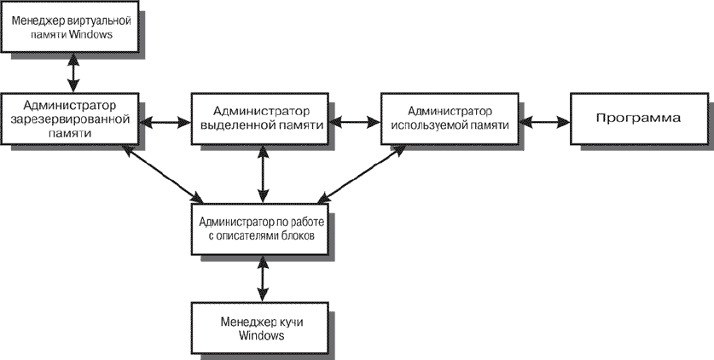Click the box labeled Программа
[639, 119]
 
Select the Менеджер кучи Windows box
[259, 328]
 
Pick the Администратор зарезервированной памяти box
[69, 119]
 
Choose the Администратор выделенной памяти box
[259, 119]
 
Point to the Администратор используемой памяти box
[450, 119]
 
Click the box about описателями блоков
[259, 229]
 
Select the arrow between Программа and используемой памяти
[544, 121]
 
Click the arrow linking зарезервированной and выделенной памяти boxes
[165, 121]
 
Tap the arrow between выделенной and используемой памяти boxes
[355, 121]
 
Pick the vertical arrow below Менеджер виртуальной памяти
[73, 73]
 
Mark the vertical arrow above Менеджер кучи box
[262, 279]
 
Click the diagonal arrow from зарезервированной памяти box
[164, 174]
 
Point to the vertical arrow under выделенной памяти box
[262, 174]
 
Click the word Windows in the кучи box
[261, 336]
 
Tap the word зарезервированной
[69, 119]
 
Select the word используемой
[422, 125]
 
